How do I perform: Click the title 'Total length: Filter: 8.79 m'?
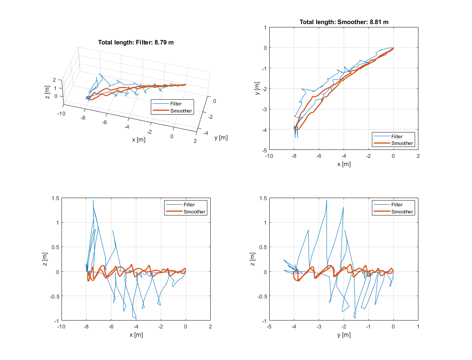pyautogui.click(x=136, y=42)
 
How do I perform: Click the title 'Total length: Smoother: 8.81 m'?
pyautogui.click(x=344, y=22)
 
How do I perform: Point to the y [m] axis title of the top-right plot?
pyautogui.click(x=257, y=88)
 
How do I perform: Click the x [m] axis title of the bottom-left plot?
pyautogui.click(x=136, y=335)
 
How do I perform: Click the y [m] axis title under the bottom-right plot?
pyautogui.click(x=344, y=335)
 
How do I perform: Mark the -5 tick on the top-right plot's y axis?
pyautogui.click(x=263, y=149)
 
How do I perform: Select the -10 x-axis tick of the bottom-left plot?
pyautogui.click(x=61, y=327)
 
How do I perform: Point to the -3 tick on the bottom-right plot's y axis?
pyautogui.click(x=319, y=327)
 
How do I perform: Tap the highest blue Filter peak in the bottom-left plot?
pyautogui.click(x=93, y=200)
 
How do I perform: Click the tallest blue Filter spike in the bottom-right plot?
pyautogui.click(x=327, y=200)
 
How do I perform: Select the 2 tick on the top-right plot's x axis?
pyautogui.click(x=418, y=156)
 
